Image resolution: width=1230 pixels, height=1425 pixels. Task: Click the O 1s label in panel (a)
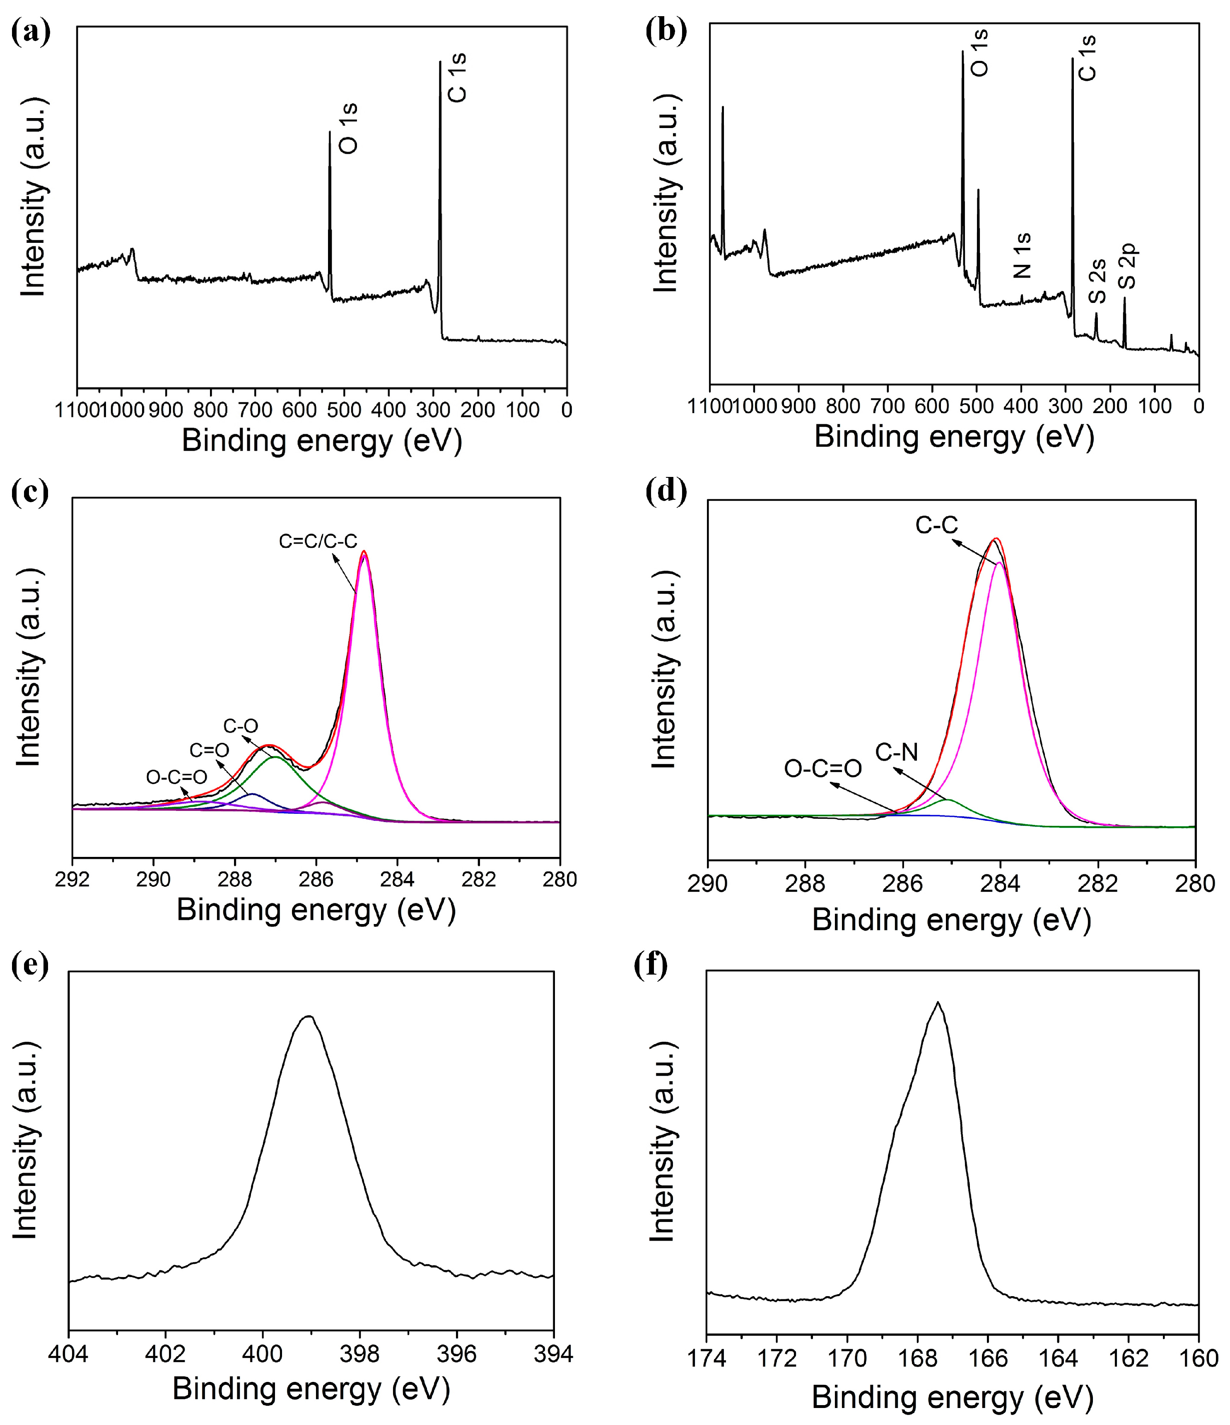coord(349,128)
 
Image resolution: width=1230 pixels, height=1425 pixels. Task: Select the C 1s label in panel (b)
coord(1087,58)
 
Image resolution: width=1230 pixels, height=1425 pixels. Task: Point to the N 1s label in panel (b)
coord(1023,255)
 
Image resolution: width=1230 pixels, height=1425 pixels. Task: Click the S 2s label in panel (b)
coord(1098,281)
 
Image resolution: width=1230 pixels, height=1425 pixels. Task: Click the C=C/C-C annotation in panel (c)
coord(318,541)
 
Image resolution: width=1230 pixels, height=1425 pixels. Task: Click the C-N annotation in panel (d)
coord(897,752)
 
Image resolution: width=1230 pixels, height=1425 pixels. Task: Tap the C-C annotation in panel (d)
coord(936,525)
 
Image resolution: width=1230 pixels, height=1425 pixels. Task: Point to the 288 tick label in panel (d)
coord(805,884)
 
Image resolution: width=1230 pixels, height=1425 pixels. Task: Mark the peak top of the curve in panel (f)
coord(937,1003)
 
